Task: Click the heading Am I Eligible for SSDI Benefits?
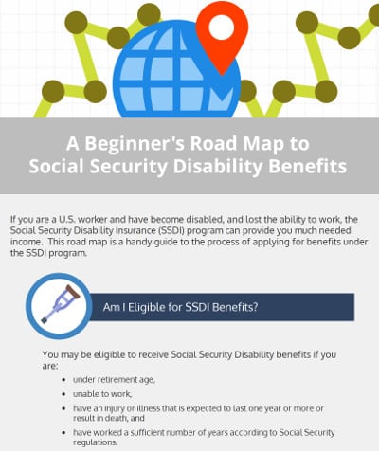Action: [183, 307]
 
